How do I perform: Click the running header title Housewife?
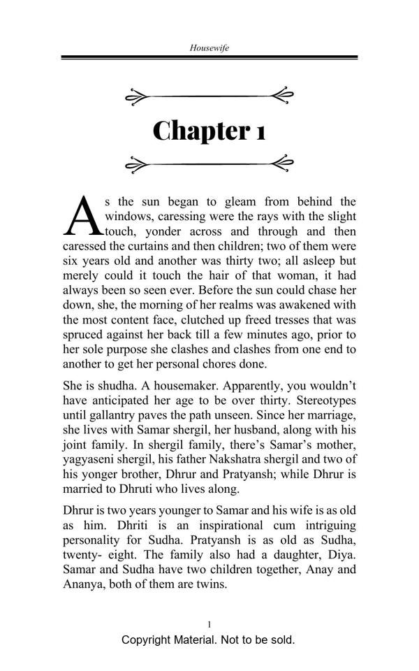[x=209, y=48]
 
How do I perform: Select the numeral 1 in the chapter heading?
[x=260, y=131]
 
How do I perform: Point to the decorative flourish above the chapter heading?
[x=209, y=96]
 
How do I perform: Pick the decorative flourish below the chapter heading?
[x=209, y=165]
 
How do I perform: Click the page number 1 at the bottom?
[x=209, y=623]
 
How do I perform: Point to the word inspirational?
[x=185, y=524]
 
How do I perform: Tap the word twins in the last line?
[x=210, y=583]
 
